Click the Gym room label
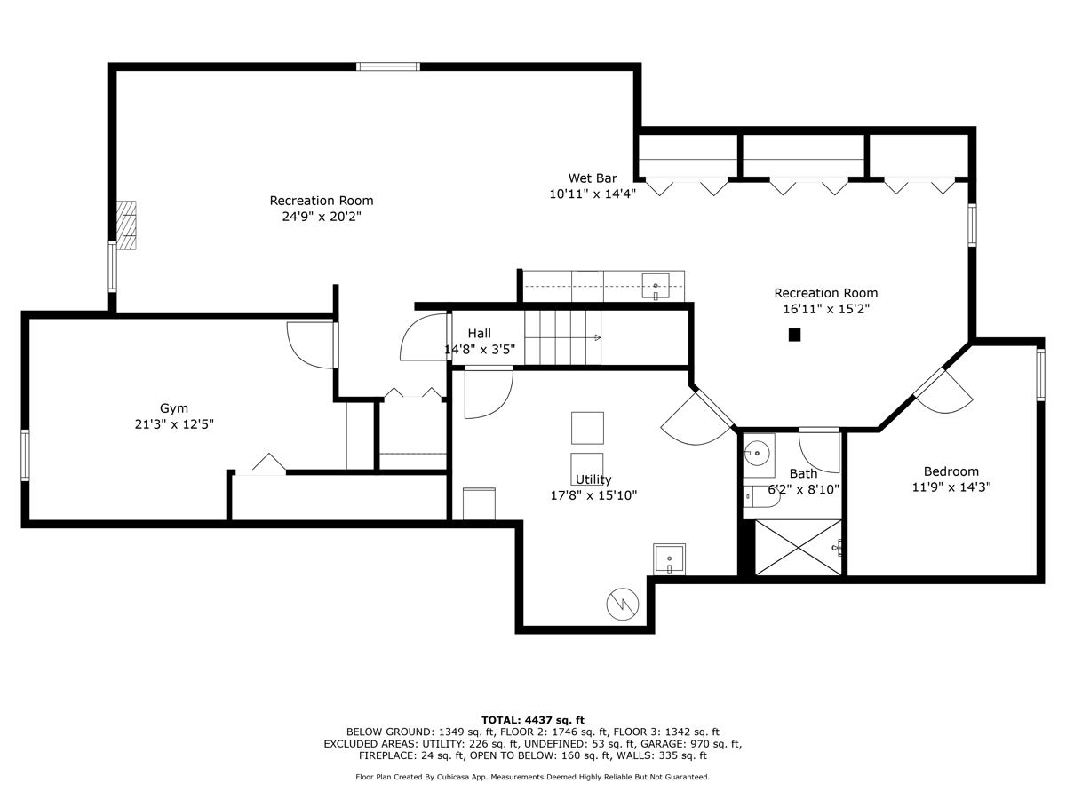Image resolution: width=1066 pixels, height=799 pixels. click(x=174, y=408)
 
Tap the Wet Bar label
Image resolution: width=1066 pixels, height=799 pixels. click(x=593, y=178)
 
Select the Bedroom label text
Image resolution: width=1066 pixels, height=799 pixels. click(x=951, y=471)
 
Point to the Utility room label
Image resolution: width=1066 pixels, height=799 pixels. click(x=593, y=479)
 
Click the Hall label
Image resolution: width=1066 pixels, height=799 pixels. click(x=480, y=333)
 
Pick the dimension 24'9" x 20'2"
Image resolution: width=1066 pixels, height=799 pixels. click(x=322, y=217)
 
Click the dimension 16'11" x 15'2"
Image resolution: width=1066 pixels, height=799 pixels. click(x=825, y=309)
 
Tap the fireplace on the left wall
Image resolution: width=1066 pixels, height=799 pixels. click(x=126, y=225)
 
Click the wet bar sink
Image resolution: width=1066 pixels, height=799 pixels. click(x=656, y=286)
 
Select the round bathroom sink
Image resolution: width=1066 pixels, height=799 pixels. click(x=757, y=453)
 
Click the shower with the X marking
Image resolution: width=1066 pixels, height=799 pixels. click(x=799, y=547)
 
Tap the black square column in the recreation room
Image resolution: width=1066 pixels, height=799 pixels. click(x=794, y=335)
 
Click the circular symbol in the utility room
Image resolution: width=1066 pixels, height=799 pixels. click(x=623, y=604)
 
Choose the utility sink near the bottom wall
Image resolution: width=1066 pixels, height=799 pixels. click(x=669, y=559)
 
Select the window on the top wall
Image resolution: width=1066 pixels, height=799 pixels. click(x=388, y=67)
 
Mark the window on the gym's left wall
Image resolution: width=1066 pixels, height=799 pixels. click(x=25, y=455)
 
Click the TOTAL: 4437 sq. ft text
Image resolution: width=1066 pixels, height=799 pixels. click(x=533, y=720)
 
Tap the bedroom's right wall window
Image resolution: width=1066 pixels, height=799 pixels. click(x=1040, y=375)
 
